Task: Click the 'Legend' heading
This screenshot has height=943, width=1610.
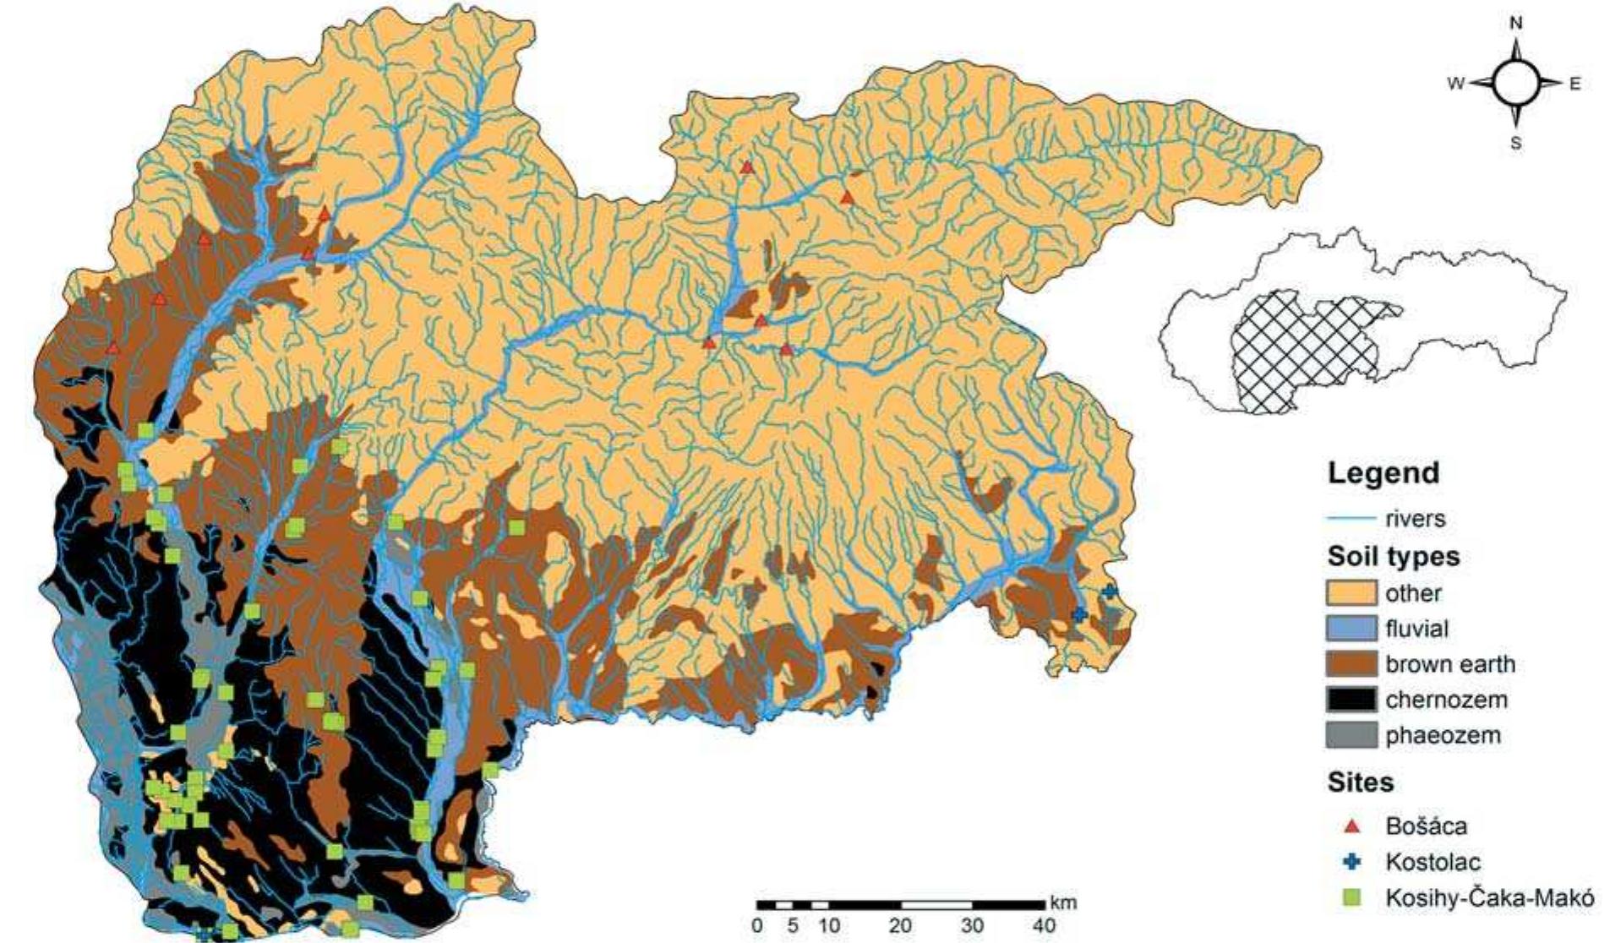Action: pos(1383,473)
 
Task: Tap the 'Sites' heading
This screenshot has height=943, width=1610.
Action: pos(1360,782)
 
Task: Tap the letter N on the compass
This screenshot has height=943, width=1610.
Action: pos(1516,24)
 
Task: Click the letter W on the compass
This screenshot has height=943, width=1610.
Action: pos(1456,84)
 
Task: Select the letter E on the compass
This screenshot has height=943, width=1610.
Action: pos(1575,84)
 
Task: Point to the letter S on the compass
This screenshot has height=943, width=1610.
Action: pos(1516,144)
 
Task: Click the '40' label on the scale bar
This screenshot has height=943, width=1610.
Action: pos(1045,926)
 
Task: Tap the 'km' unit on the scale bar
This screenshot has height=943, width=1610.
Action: pos(1064,903)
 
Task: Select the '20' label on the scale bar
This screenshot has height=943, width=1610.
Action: pos(900,926)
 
